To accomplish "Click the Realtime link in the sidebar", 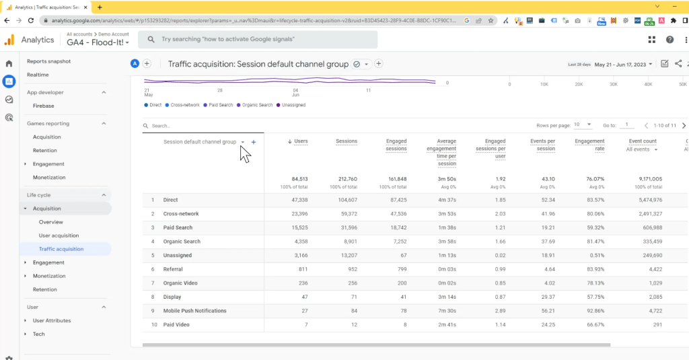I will pos(38,75).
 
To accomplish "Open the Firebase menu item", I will pos(44,106).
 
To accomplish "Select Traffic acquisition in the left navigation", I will pos(61,249).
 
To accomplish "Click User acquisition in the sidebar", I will pos(59,236).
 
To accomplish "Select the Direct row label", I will pos(171,200).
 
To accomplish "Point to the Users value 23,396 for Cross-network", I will pos(297,213).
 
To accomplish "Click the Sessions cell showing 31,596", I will pos(346,227).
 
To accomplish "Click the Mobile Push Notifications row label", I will pos(194,311).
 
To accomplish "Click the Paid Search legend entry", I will pos(221,105).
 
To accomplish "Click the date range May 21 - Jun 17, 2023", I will pos(624,65).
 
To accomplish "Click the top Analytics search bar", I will pos(258,40).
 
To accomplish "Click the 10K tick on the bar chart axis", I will pos(544,85).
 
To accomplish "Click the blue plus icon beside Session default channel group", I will pos(254,142).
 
